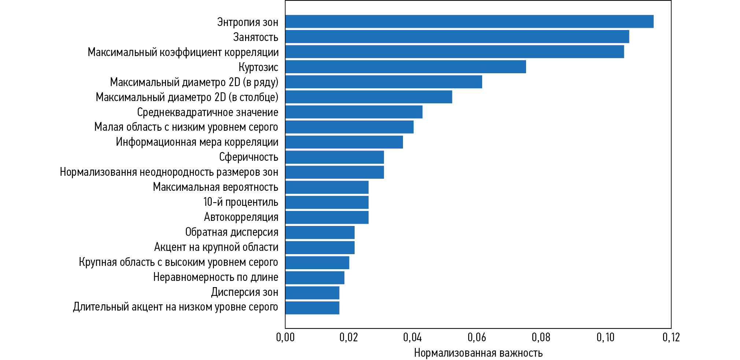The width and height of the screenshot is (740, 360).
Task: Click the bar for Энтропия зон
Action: tap(469, 22)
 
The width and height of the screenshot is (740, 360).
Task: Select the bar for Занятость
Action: tap(457, 37)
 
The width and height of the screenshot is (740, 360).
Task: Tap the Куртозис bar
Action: tap(405, 67)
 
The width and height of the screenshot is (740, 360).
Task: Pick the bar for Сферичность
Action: tap(334, 157)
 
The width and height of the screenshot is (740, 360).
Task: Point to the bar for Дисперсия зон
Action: tap(312, 293)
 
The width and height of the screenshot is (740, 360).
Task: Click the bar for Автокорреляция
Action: tap(326, 217)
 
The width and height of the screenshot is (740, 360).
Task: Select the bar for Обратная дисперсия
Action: tap(319, 232)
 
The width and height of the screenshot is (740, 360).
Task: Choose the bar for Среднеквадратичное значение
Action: tap(354, 112)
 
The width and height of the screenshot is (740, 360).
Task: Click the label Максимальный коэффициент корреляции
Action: tap(183, 52)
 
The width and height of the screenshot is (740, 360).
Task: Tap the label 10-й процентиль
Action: tap(241, 202)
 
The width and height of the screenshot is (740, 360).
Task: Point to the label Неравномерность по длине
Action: tap(215, 277)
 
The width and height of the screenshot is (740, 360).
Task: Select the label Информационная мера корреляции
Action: tap(197, 142)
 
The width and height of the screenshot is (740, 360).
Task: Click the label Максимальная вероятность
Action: tap(215, 187)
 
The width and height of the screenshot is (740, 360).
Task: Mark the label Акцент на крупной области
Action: tap(216, 247)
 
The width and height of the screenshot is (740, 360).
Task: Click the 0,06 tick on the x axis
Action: tap(477, 337)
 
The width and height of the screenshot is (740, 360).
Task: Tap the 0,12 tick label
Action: tap(671, 337)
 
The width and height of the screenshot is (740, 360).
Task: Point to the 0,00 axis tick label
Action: tap(285, 337)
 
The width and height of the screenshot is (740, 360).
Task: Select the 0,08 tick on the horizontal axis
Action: tap(541, 337)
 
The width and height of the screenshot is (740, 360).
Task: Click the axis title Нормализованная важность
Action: tap(478, 353)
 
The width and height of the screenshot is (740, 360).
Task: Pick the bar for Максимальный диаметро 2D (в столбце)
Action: tap(368, 97)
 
